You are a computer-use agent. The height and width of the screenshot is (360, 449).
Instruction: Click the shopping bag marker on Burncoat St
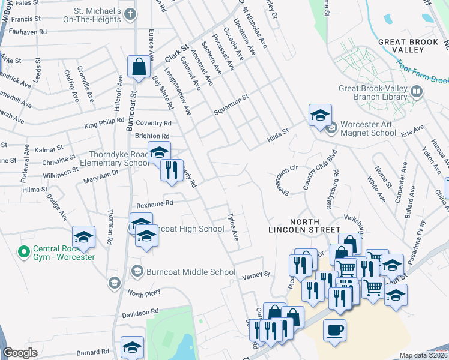tap(139, 67)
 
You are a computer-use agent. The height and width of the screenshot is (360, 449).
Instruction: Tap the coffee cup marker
tap(334, 330)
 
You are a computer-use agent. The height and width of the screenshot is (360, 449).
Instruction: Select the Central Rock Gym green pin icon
tap(24, 251)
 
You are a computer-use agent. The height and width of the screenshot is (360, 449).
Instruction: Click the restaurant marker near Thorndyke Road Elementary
tap(172, 169)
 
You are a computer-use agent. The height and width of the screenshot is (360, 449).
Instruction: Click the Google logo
tap(20, 353)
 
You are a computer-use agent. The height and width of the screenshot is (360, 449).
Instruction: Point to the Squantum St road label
tap(231, 98)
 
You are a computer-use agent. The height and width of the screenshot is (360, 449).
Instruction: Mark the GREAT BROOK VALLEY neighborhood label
tap(410, 46)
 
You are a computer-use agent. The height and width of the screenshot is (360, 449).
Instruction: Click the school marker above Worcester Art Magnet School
tap(320, 115)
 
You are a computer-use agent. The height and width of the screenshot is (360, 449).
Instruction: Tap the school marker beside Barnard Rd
tap(132, 347)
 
